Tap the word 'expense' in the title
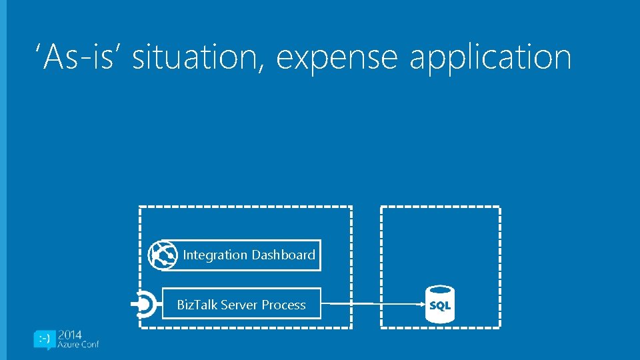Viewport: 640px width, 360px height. (x=337, y=58)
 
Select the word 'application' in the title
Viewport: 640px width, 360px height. (x=490, y=58)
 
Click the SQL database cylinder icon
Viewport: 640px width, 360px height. (x=440, y=305)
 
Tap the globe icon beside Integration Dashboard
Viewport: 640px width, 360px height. (x=163, y=255)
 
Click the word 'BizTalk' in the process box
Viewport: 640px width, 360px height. (x=197, y=305)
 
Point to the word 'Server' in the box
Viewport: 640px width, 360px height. (x=239, y=305)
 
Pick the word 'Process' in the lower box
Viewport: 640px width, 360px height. (x=283, y=305)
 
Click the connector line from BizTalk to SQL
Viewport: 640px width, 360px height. (x=373, y=305)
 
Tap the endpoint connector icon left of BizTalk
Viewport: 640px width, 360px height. (x=145, y=305)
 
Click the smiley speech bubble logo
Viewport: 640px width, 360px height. (x=45, y=339)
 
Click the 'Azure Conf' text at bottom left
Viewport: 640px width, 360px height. (x=79, y=345)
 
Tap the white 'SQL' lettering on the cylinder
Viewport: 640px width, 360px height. (x=440, y=306)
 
